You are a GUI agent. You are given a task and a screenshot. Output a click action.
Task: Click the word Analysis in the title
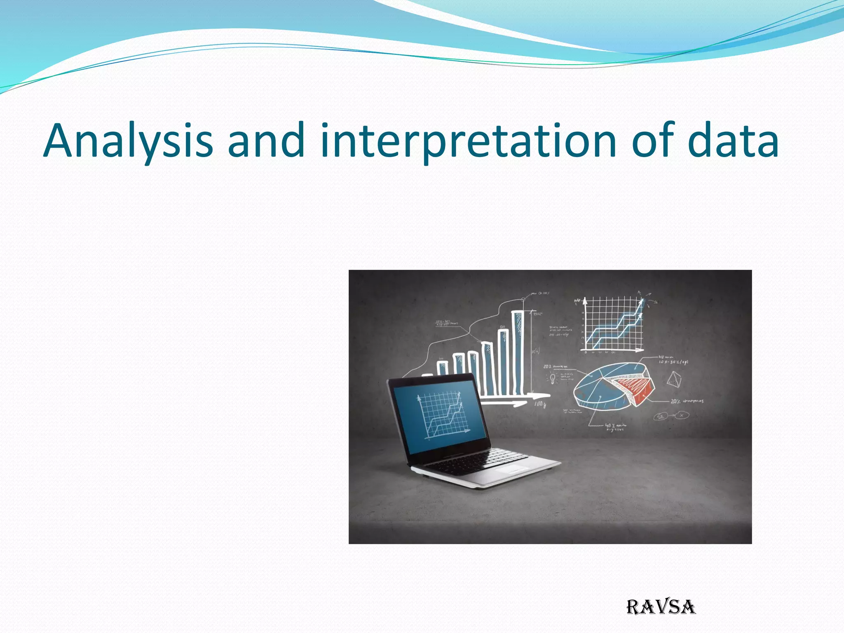tap(128, 141)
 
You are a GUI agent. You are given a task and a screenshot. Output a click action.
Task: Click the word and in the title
tap(266, 141)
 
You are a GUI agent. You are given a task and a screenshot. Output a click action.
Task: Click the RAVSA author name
tap(661, 607)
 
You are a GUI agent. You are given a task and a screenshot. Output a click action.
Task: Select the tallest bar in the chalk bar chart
tap(518, 352)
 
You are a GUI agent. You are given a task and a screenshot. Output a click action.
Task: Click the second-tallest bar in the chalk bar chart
tap(504, 363)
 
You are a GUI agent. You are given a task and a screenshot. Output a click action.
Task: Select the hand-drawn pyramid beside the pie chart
tap(674, 379)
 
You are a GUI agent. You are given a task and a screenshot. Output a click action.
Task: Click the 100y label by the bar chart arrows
tap(540, 405)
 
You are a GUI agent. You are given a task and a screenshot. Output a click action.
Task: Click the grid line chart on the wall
tap(613, 325)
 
